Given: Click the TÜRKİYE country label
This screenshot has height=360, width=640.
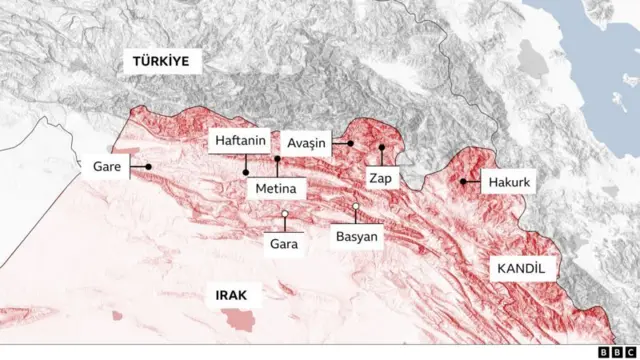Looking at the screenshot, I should pos(162,62).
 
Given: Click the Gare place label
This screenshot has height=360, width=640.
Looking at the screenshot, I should pos(107,167).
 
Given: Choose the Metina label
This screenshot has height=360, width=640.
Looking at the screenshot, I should pos(276,187).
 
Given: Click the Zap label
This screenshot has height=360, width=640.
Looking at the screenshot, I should pos(380,179).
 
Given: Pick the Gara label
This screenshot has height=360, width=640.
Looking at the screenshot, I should pos(285,242).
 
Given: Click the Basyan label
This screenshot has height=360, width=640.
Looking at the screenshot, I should pos(355,239).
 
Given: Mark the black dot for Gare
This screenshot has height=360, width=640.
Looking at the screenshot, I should pos(148,167).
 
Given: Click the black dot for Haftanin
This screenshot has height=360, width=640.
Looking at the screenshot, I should pos(246,171).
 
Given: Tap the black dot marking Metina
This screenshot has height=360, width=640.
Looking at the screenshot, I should pos(277,159).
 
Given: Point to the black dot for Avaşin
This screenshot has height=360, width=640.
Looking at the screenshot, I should pos(351,143).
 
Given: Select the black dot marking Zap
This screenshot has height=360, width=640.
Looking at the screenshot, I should pos(381,148).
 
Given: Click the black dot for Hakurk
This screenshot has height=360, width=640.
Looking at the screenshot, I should pos(463,182).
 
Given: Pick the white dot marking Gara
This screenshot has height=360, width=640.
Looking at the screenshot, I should pos(285,214).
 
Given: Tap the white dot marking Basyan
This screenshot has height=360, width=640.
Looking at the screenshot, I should pos(356,207).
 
